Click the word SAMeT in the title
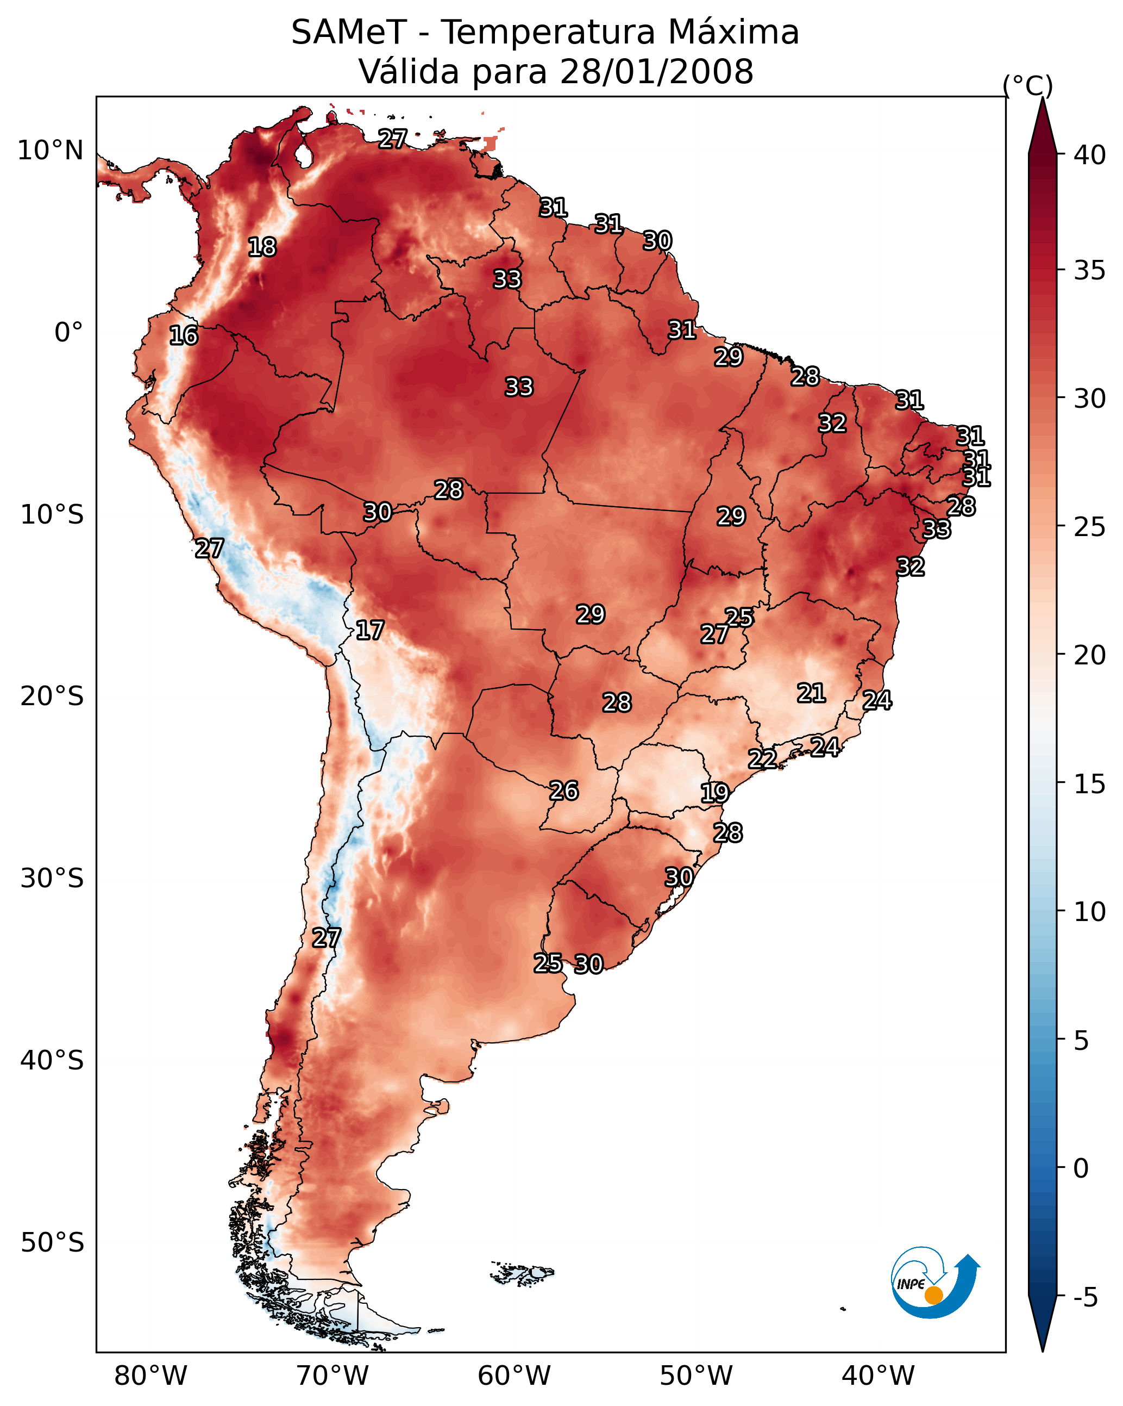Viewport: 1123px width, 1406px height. pyautogui.click(x=349, y=33)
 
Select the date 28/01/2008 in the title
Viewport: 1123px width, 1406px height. pyautogui.click(x=656, y=72)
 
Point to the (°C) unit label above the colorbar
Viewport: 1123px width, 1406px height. pyautogui.click(x=1027, y=85)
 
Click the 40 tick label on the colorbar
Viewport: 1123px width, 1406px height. pyautogui.click(x=1089, y=155)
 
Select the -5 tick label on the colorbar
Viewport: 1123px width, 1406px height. pyautogui.click(x=1084, y=1297)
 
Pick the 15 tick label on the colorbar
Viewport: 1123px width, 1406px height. pyautogui.click(x=1089, y=784)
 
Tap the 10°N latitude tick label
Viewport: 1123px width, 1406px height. pyautogui.click(x=50, y=151)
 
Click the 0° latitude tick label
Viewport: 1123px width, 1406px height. pyautogui.click(x=68, y=333)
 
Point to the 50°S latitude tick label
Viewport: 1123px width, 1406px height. pyautogui.click(x=52, y=1243)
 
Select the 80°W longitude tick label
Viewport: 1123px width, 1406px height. pyautogui.click(x=150, y=1376)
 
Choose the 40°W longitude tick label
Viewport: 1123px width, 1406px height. pyautogui.click(x=878, y=1376)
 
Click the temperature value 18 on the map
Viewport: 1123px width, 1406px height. pyautogui.click(x=262, y=247)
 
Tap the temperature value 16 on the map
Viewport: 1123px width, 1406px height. pyautogui.click(x=183, y=336)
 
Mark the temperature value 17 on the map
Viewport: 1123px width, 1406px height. pyautogui.click(x=369, y=631)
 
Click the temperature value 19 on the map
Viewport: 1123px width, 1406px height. pyautogui.click(x=714, y=793)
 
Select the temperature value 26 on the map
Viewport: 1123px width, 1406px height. pyautogui.click(x=564, y=791)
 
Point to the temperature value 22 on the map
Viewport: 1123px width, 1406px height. pyautogui.click(x=762, y=759)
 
